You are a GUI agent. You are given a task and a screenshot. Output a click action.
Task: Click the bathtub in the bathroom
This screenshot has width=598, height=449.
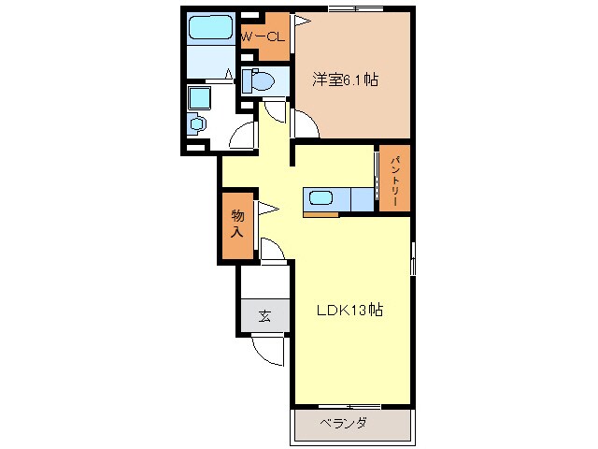pyautogui.click(x=210, y=27)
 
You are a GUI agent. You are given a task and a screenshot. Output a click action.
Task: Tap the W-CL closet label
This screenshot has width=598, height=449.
pyautogui.click(x=263, y=37)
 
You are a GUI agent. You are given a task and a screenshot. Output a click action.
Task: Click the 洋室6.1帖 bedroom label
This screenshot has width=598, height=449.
pyautogui.click(x=345, y=80)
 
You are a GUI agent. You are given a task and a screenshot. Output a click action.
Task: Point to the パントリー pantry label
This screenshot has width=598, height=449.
pyautogui.click(x=395, y=180)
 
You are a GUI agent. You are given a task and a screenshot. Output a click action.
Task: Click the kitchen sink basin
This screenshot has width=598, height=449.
pyautogui.click(x=321, y=198)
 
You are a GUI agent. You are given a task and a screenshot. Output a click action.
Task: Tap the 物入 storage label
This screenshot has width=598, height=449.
pyautogui.click(x=237, y=224)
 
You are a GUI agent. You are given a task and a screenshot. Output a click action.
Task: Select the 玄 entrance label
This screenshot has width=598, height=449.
pyautogui.click(x=265, y=316)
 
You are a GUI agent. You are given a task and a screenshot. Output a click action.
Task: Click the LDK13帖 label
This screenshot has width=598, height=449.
pyautogui.click(x=349, y=310)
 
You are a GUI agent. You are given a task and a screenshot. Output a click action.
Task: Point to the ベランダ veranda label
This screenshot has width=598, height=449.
pyautogui.click(x=344, y=423)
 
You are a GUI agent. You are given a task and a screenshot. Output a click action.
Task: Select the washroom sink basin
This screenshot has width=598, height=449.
pyautogui.click(x=197, y=123)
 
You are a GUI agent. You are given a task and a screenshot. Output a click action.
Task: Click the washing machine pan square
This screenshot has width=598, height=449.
pyautogui.click(x=199, y=97)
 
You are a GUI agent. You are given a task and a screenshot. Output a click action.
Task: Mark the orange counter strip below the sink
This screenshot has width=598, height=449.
pyautogui.click(x=321, y=214)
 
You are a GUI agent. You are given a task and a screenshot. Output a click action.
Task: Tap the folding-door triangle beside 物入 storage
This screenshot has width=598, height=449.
pyautogui.click(x=268, y=209)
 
